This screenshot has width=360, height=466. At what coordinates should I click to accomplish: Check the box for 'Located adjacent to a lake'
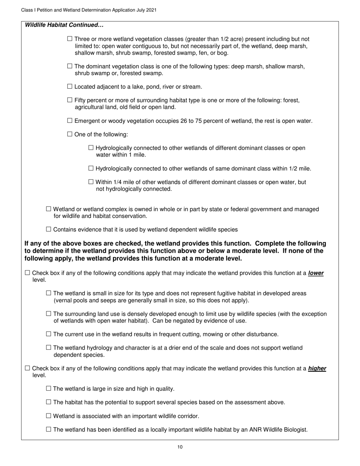(x=69, y=86)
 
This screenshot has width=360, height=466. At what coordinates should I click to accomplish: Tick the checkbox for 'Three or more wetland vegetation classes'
(x=69, y=39)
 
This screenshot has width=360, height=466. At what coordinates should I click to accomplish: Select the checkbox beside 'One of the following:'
(x=69, y=134)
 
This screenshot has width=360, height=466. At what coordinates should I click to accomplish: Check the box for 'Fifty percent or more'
(x=69, y=100)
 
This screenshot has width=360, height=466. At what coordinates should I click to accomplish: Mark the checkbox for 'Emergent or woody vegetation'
(x=69, y=120)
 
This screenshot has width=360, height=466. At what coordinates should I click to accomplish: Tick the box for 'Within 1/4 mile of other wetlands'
(x=91, y=182)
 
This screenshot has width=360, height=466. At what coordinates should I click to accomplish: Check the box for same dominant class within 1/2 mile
(x=91, y=168)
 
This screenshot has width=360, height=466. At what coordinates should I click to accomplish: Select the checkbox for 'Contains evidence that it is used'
(x=48, y=229)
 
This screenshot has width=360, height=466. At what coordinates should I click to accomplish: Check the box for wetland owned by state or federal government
(x=48, y=209)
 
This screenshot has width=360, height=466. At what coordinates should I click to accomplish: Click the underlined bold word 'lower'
(x=316, y=273)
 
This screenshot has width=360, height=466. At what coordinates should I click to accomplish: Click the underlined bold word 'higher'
(x=317, y=368)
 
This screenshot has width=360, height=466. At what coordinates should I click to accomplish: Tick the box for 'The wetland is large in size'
(x=48, y=388)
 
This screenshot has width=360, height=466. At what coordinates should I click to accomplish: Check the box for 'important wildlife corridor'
(x=48, y=416)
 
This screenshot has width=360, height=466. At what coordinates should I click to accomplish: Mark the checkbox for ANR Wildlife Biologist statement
(x=48, y=429)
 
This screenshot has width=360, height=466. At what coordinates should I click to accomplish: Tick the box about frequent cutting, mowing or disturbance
(x=48, y=334)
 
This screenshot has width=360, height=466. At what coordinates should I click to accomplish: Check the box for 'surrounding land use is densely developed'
(x=48, y=314)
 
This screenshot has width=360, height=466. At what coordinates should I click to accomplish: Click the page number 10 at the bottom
(x=180, y=447)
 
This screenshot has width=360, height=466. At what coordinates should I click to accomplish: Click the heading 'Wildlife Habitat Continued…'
(x=64, y=25)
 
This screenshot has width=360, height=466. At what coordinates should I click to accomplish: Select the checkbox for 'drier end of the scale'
(x=48, y=347)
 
